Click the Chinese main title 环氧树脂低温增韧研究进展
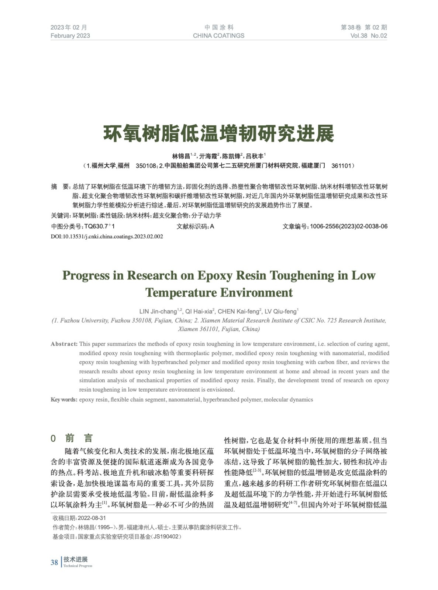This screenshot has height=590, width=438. click(218, 133)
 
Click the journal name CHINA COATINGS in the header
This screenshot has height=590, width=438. click(218, 36)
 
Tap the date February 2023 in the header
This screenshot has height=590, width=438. click(70, 36)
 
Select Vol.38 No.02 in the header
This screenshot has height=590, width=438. click(369, 36)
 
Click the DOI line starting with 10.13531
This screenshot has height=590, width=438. click(107, 236)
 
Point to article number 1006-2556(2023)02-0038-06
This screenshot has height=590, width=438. click(348, 226)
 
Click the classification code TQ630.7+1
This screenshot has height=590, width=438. click(99, 226)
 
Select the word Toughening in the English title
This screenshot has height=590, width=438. click(302, 275)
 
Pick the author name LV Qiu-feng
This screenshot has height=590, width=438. click(281, 312)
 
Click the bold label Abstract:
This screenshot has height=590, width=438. click(64, 344)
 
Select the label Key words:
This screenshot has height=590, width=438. click(64, 400)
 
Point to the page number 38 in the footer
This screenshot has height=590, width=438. click(54, 562)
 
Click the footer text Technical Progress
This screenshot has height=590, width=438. click(77, 566)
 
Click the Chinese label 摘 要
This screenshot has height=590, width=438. click(60, 187)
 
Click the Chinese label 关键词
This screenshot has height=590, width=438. click(60, 216)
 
